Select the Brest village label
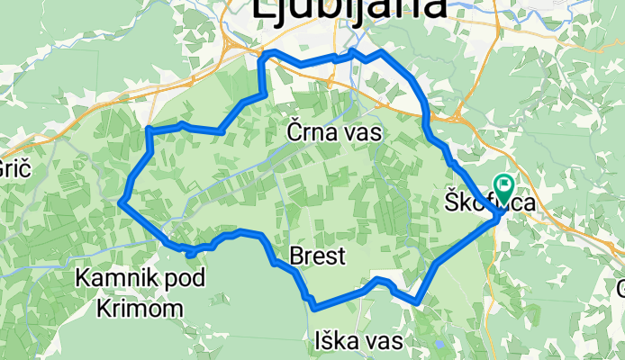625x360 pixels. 318,257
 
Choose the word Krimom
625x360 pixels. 139,308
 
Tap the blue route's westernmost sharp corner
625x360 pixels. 120,203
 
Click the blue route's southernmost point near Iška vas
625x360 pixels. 314,308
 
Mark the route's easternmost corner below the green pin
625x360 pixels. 500,215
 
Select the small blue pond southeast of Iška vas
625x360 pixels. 439,343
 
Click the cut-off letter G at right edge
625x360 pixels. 620,288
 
